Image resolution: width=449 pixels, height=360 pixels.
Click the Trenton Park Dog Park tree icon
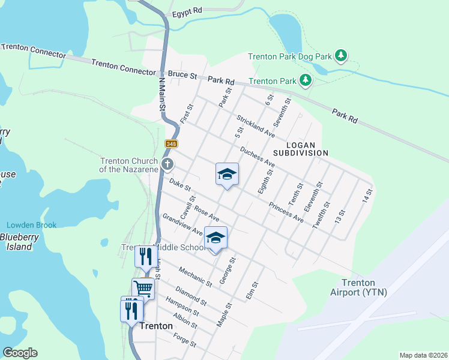[x=341, y=56]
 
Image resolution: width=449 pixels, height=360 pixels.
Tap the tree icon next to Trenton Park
[x=306, y=80]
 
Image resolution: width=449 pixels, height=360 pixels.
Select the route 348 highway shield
[x=172, y=144]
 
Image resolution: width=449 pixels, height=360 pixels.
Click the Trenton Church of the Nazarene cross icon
[x=167, y=164]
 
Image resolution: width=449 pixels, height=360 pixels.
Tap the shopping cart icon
[x=143, y=289]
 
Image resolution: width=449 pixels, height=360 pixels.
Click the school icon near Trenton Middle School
[x=216, y=238]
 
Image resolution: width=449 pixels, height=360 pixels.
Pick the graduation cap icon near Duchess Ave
[x=227, y=174]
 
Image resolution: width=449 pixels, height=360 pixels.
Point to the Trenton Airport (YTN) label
[x=359, y=287]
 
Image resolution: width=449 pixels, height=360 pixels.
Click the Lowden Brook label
[x=31, y=225]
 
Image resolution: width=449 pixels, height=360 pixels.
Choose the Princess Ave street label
[x=286, y=212]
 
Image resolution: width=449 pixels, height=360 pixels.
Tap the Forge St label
[x=184, y=340]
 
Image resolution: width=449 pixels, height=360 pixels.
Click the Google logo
[x=20, y=353]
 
